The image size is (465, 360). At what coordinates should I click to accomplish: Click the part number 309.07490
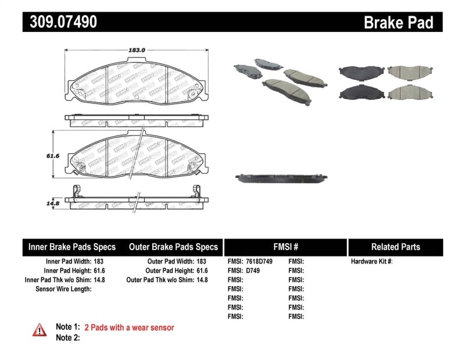[x=60, y=22]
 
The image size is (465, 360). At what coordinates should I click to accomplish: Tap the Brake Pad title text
[x=398, y=23]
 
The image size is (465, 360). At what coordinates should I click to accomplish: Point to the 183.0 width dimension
[x=136, y=51]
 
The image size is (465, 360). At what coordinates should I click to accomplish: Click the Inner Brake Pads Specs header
[x=72, y=247]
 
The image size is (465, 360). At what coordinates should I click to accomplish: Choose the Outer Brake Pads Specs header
[x=173, y=247]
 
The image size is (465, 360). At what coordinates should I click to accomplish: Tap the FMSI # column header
[x=285, y=247]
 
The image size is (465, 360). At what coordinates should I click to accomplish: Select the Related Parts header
[x=395, y=247]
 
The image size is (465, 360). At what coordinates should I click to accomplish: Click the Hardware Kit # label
[x=371, y=262]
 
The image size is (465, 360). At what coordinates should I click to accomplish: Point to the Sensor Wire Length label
[x=64, y=289]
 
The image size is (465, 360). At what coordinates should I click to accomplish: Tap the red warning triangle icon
[x=40, y=330]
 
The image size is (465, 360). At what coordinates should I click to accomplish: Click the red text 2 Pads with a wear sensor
[x=129, y=327]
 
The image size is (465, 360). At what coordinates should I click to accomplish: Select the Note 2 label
[x=68, y=337]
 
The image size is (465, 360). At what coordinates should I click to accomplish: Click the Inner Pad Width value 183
[x=99, y=262]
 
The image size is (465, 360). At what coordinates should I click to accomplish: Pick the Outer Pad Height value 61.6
[x=201, y=271]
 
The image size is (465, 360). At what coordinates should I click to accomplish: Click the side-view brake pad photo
[x=282, y=178]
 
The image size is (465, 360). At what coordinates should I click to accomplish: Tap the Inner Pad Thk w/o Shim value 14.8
[x=99, y=280]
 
